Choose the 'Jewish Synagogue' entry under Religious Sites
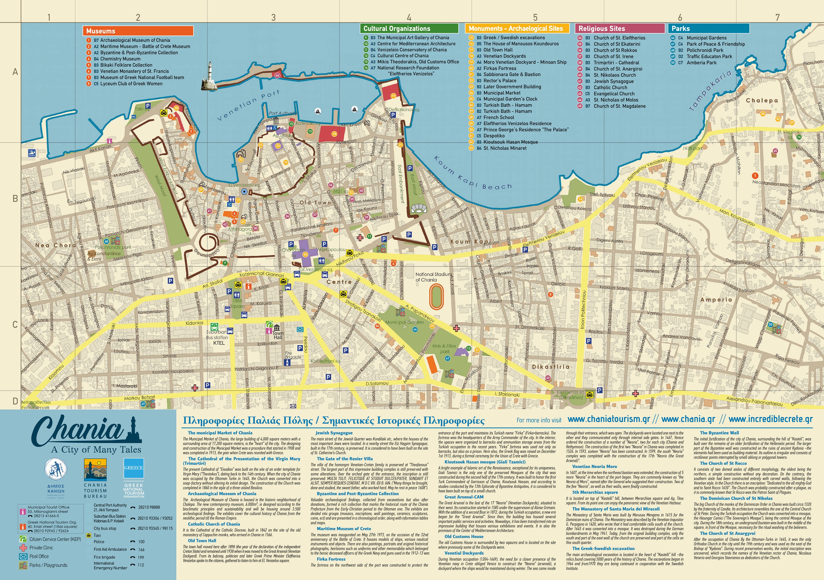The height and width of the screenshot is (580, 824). [613, 81]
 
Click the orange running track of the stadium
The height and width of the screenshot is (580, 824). [437, 296]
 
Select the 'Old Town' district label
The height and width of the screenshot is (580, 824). [315, 202]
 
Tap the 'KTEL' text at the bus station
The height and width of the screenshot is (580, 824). [219, 343]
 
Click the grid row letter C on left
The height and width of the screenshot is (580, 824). [15, 324]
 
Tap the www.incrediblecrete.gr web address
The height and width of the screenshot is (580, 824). [770, 419]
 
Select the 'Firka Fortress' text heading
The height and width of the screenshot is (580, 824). [331, 559]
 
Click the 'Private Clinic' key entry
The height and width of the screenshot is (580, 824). [41, 548]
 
